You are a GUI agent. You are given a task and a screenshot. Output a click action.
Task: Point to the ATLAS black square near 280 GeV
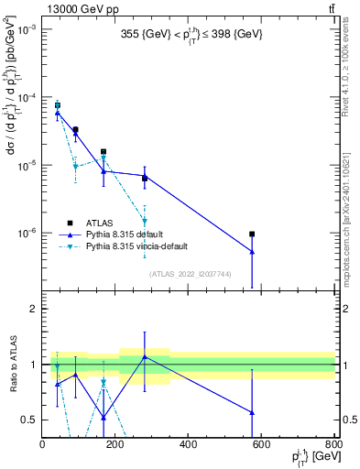pyautogui.click(x=145, y=179)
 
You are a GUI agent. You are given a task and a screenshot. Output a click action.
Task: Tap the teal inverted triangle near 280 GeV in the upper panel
pyautogui.click(x=145, y=221)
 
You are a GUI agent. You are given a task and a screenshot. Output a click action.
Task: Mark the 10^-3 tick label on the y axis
pyautogui.click(x=27, y=30)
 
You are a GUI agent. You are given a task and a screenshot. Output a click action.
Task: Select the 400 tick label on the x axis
pyautogui.click(x=188, y=446)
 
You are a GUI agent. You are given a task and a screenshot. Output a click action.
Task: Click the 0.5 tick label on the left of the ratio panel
pyautogui.click(x=31, y=420)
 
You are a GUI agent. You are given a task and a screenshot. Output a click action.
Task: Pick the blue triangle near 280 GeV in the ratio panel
pyautogui.click(x=145, y=357)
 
